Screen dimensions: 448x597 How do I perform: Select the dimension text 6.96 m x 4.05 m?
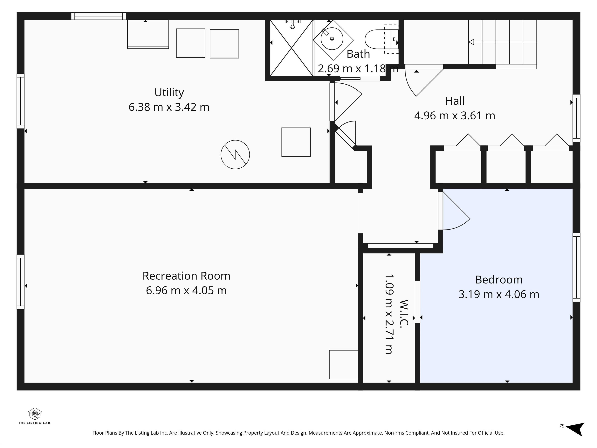(186, 290)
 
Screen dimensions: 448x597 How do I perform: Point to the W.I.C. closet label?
(404, 313)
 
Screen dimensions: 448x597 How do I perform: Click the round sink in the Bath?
(332, 39)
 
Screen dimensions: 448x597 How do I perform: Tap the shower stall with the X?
(292, 48)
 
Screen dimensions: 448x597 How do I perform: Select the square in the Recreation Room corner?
(343, 365)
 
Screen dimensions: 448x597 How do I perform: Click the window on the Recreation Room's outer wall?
(21, 282)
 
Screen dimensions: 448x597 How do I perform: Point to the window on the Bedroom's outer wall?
(576, 267)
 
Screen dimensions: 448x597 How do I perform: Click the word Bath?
(358, 54)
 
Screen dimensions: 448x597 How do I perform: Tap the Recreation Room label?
(186, 276)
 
